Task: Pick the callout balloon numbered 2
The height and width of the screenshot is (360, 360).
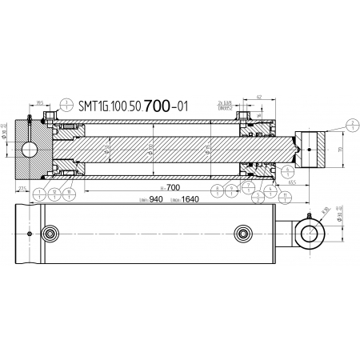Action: pyautogui.click(x=351, y=122)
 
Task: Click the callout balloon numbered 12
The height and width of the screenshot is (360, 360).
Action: pyautogui.click(x=53, y=192)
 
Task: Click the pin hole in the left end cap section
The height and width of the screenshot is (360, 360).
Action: pyautogui.click(x=30, y=150)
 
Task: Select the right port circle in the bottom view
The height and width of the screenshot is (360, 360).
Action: pyautogui.click(x=244, y=234)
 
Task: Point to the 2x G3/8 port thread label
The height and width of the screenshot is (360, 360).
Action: pyautogui.click(x=226, y=103)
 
